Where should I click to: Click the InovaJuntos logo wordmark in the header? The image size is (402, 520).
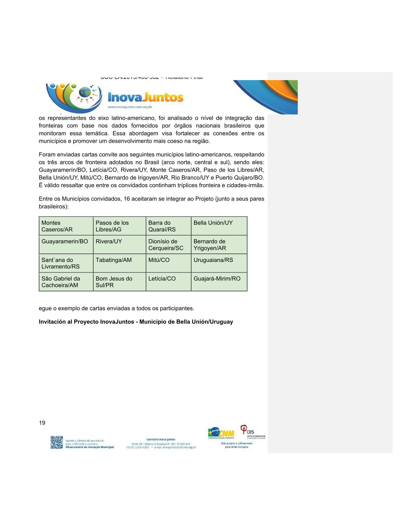click(145, 97)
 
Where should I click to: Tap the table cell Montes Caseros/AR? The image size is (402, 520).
click(66, 226)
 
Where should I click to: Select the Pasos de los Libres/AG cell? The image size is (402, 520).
click(120, 226)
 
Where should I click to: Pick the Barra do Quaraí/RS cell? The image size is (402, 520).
click(168, 226)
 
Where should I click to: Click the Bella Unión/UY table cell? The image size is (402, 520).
click(219, 226)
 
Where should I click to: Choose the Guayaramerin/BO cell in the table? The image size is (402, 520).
click(66, 245)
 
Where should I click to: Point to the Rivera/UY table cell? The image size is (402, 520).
click(120, 245)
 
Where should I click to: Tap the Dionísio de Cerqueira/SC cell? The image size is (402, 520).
click(168, 245)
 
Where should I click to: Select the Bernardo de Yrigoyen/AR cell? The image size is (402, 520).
click(219, 245)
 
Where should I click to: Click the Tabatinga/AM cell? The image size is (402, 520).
click(120, 263)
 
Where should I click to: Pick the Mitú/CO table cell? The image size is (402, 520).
click(168, 263)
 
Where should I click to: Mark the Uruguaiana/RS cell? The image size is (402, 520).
click(219, 263)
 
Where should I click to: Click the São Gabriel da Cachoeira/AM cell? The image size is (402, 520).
click(66, 282)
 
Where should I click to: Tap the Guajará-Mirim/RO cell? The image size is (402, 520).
click(219, 282)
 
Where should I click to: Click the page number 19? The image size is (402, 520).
click(42, 423)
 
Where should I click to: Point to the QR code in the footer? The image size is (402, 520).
click(56, 442)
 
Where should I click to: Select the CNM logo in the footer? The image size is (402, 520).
click(221, 433)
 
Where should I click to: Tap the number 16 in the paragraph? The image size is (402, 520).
click(127, 199)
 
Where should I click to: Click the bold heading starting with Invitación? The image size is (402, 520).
click(136, 322)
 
